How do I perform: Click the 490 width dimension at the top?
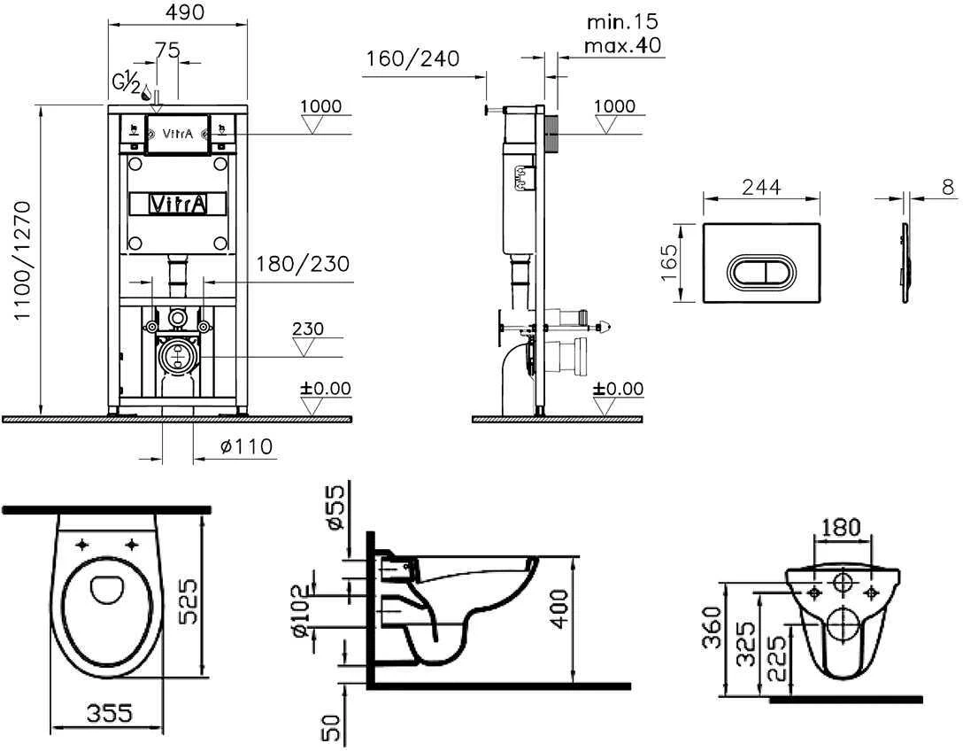tap(186, 12)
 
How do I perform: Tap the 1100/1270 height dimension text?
tap(22, 260)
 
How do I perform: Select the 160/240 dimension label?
tap(412, 58)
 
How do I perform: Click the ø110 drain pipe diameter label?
tap(246, 445)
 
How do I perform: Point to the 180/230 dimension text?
tap(303, 264)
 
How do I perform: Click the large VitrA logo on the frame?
tap(178, 204)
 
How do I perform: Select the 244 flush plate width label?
tap(761, 186)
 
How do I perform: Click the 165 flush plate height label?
tap(669, 262)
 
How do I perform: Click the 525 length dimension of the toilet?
tap(189, 600)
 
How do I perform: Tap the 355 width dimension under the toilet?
tap(110, 713)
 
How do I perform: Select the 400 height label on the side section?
tap(559, 609)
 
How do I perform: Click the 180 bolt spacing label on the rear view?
tap(841, 527)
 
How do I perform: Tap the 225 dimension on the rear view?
tap(776, 658)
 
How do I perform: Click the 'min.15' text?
tap(622, 21)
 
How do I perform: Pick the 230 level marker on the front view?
tap(308, 329)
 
